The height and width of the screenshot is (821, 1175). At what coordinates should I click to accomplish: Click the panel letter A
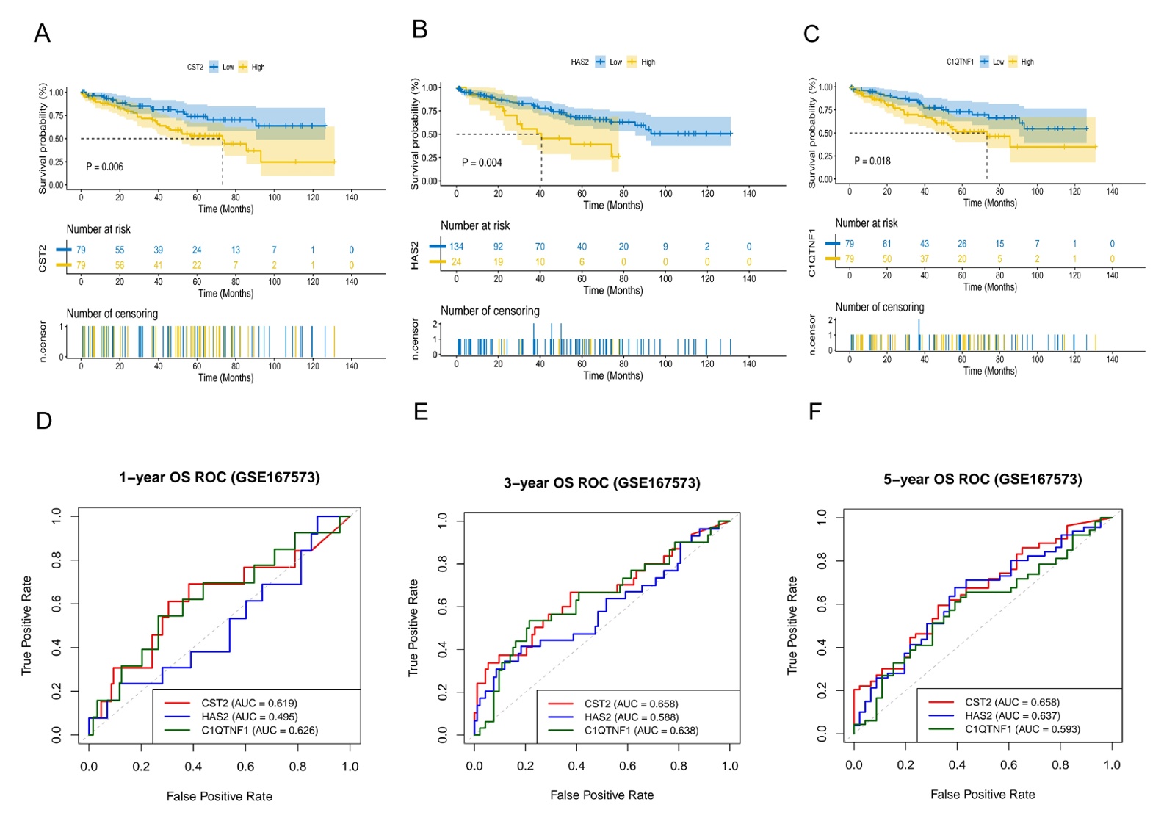[x=43, y=34]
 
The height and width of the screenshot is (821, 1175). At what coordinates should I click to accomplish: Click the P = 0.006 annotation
[x=104, y=167]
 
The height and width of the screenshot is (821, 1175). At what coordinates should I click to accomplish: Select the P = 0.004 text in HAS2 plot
[x=482, y=162]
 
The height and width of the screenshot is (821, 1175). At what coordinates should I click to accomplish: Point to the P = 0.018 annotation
[x=872, y=161]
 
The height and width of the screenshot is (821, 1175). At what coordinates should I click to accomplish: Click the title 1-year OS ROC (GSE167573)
[x=220, y=477]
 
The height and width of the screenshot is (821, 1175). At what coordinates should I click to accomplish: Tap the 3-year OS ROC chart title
[x=601, y=482]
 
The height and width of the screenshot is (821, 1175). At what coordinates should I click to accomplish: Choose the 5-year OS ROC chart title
[x=983, y=480]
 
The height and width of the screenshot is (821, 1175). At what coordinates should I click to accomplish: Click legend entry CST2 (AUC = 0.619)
[x=249, y=703]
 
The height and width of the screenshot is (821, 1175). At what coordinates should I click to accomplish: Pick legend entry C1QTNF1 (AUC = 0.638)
[x=641, y=731]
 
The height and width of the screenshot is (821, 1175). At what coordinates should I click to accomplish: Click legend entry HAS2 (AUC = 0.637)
[x=1012, y=715]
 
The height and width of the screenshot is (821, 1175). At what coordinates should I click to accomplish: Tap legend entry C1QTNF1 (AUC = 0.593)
[x=1022, y=729]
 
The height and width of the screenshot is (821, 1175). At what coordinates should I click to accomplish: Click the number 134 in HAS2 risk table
[x=457, y=247]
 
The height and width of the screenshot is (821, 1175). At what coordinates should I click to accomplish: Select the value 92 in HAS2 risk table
[x=498, y=247]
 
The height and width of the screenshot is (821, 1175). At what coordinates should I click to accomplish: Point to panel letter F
[x=814, y=411]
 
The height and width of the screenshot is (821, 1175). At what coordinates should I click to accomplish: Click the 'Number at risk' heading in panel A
[x=98, y=229]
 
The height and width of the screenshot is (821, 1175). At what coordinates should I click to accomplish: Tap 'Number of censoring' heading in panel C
[x=880, y=307]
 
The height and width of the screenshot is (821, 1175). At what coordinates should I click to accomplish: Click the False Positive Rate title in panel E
[x=601, y=795]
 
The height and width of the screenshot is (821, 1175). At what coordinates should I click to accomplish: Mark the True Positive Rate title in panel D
[x=27, y=625]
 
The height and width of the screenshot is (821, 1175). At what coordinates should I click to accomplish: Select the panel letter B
[x=420, y=29]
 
